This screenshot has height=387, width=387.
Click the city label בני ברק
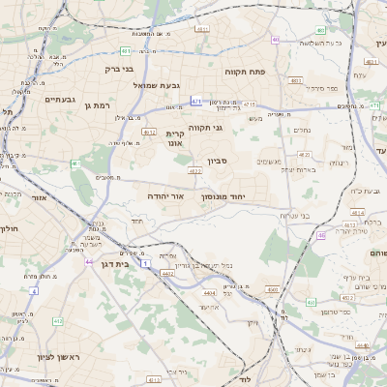click(x=119, y=70)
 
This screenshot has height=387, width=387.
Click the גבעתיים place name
click(x=33, y=99)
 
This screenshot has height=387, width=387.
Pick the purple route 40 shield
click(x=276, y=40)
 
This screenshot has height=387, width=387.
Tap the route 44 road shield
click(x=90, y=262)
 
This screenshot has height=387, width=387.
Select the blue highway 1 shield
click(x=145, y=263)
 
